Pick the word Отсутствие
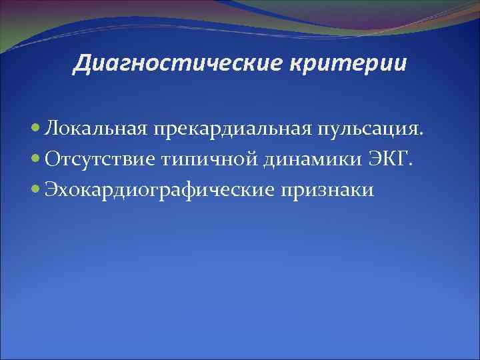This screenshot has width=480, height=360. pos(100,159)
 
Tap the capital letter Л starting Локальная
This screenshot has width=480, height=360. pos(51,128)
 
